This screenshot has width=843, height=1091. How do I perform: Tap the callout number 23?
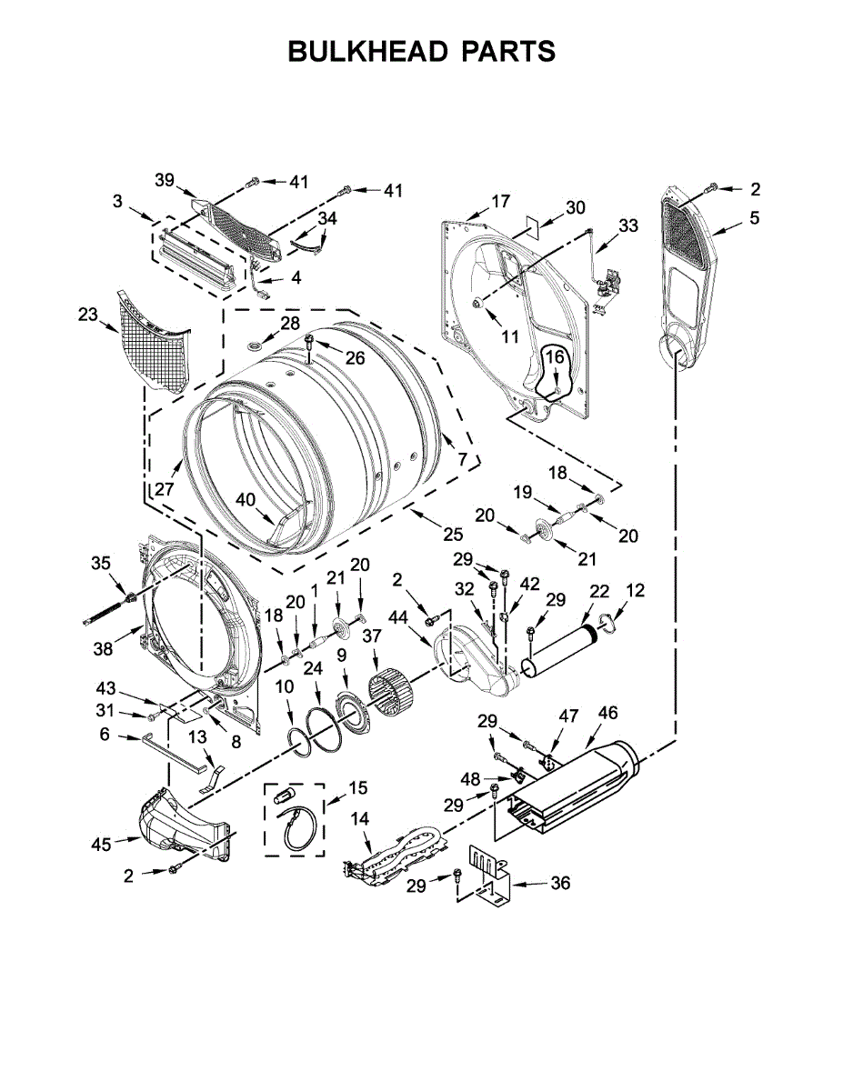pos(88,315)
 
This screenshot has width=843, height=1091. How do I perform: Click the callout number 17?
pos(500,201)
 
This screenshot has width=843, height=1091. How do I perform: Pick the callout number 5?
pos(755,217)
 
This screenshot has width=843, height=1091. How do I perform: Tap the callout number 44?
pos(399,616)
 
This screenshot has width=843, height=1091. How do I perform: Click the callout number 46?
pos(607,713)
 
